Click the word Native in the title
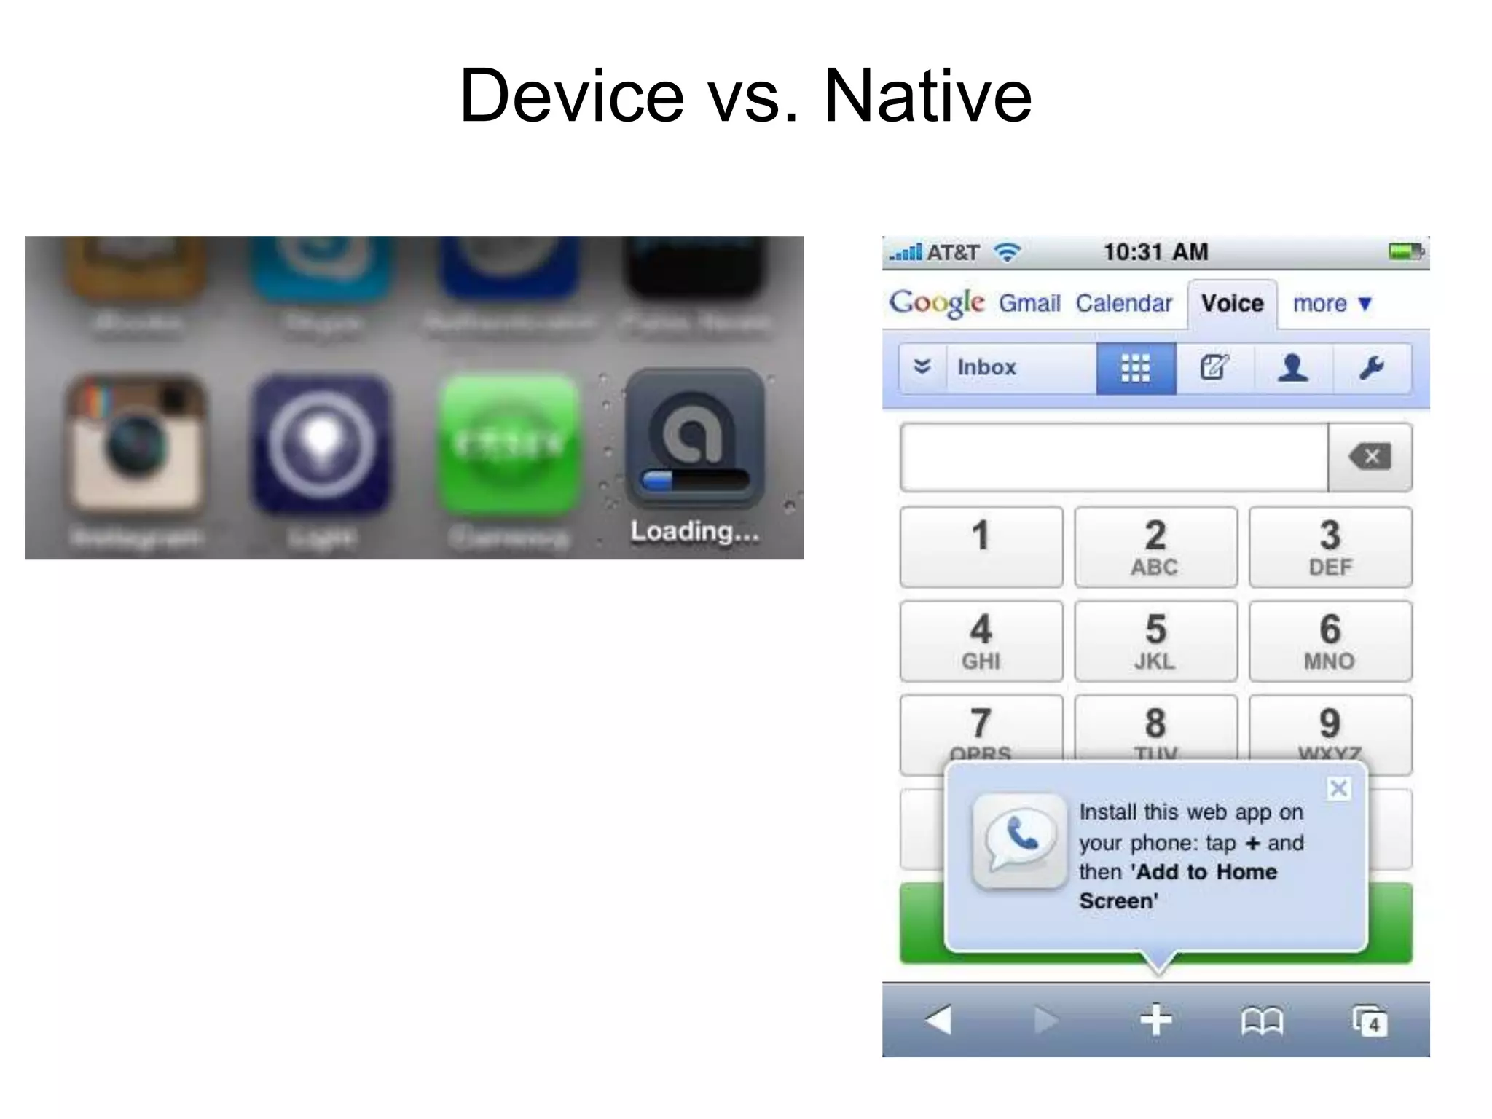[927, 96]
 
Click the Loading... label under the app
[694, 531]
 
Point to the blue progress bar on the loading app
[659, 480]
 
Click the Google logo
[936, 302]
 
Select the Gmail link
[1029, 303]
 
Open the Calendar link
[1123, 303]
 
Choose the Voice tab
[1232, 303]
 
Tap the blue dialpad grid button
[1135, 368]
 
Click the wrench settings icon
[1371, 368]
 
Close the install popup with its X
[1338, 788]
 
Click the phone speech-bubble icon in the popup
[1019, 841]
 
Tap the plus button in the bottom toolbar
[1156, 1020]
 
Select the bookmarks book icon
[1262, 1021]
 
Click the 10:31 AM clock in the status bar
[1155, 252]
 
